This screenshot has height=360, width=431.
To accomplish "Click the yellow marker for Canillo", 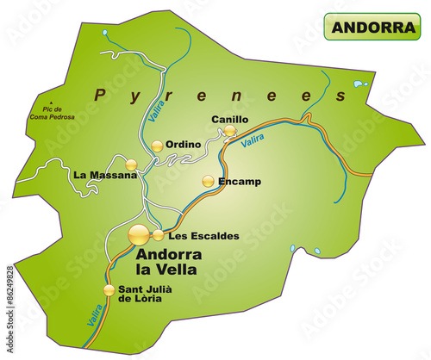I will [x=230, y=131].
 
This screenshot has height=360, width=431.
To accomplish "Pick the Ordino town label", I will [x=184, y=145].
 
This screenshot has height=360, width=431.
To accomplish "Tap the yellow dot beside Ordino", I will [x=157, y=146].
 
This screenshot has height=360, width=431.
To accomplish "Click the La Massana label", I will [x=105, y=175].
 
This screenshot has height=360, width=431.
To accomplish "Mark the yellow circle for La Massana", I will [x=131, y=164].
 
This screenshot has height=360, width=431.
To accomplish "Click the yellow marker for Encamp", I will [x=208, y=181].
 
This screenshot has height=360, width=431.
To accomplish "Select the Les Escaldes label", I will [x=199, y=235].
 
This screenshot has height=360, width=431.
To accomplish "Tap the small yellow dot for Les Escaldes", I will [x=158, y=234].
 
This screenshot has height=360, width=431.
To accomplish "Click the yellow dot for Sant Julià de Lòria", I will [x=109, y=289].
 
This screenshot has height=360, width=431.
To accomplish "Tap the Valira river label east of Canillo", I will [x=253, y=142].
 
